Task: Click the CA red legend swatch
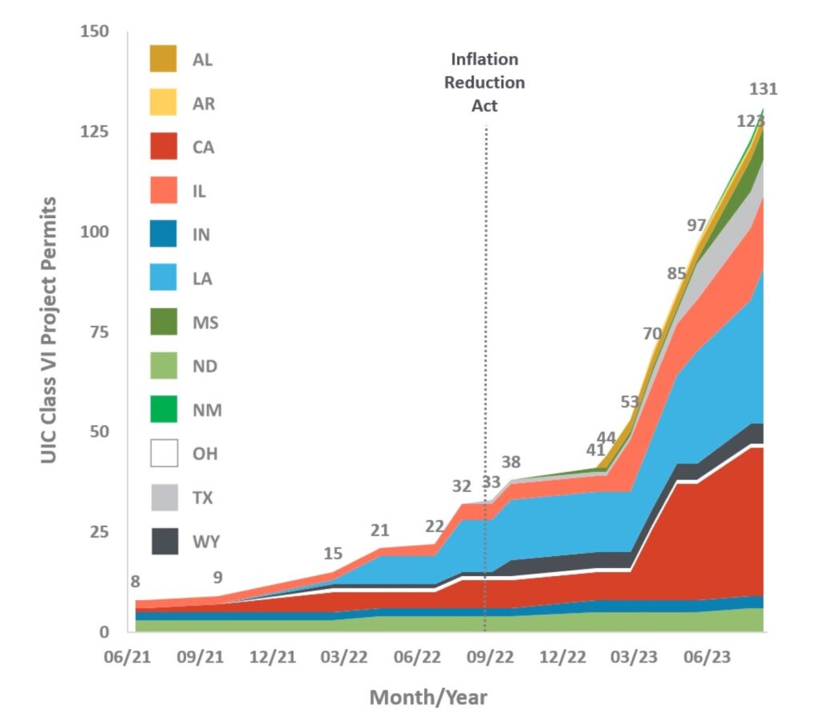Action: coord(163,147)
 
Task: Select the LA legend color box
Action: coord(163,279)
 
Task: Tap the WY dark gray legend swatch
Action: coord(163,542)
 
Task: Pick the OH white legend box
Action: coord(163,455)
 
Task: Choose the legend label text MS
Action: coord(204,323)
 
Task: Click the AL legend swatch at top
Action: coord(163,59)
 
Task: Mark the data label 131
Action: coord(764,89)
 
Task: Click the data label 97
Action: coord(697,225)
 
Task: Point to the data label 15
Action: coord(334,554)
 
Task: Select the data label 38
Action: coord(511,462)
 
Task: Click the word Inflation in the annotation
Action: coord(484,59)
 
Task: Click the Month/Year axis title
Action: coord(427,697)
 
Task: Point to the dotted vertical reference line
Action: coord(486,360)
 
